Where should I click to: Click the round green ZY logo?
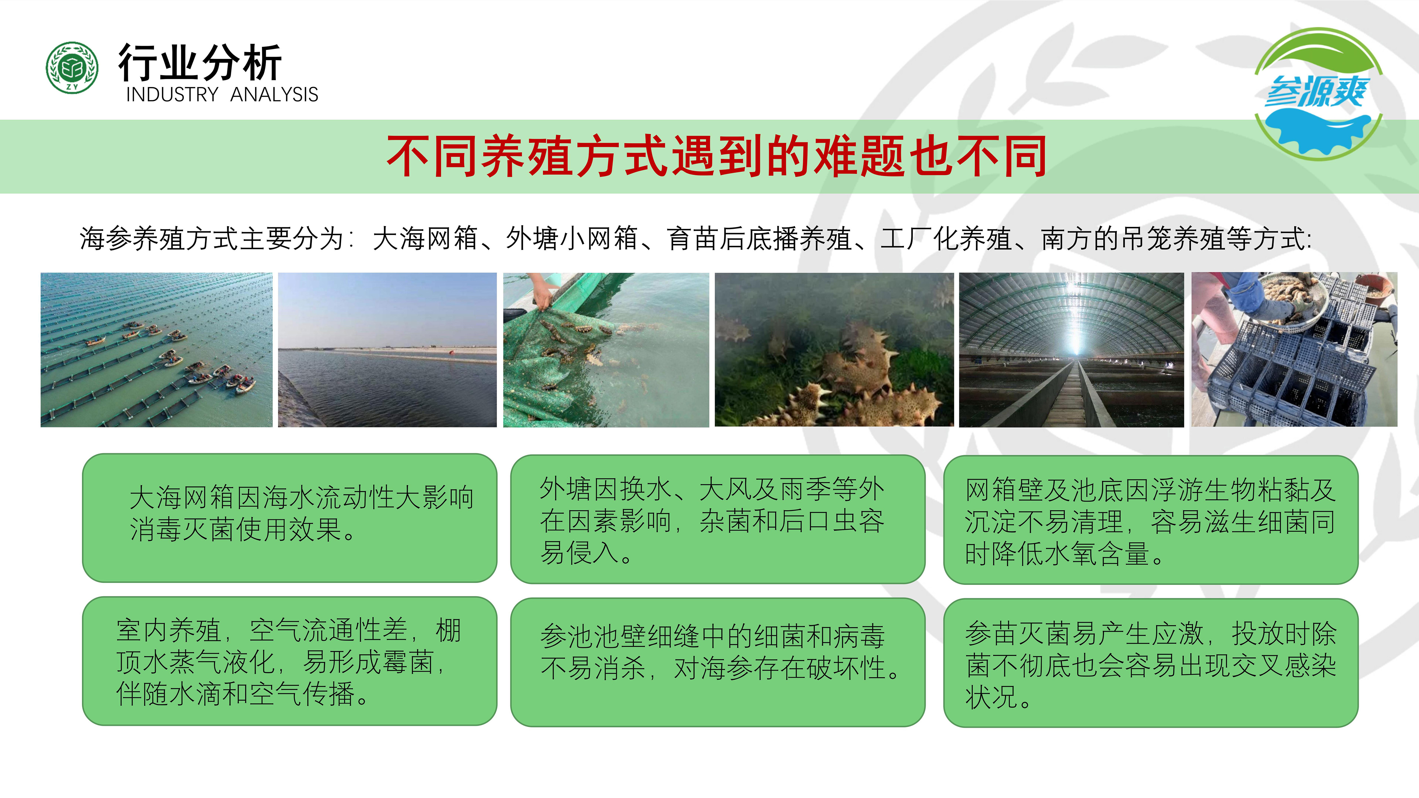point(72,67)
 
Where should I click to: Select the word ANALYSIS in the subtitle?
point(274,95)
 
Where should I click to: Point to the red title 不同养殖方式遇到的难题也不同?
point(716,157)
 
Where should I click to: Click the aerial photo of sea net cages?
point(157,350)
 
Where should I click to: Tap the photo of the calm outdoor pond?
point(387,350)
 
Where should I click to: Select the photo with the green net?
point(606,350)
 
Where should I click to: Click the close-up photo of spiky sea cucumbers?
point(834,350)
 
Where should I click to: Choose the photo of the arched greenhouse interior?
point(1072,350)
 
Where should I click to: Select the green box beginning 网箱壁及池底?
point(1151,520)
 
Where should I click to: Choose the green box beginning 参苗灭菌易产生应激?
point(1151,663)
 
